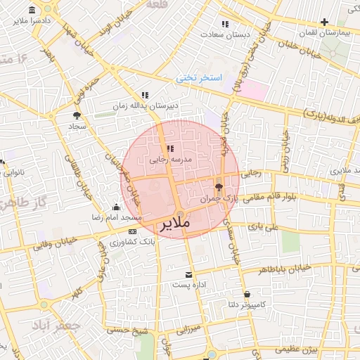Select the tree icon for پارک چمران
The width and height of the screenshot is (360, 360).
219,188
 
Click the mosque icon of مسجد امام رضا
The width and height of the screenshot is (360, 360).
117,207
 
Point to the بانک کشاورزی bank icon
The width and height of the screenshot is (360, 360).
133,231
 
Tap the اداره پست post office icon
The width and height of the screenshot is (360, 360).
188,275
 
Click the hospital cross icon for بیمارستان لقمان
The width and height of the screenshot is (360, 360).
324,22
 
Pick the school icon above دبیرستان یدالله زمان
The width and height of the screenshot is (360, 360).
145,94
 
